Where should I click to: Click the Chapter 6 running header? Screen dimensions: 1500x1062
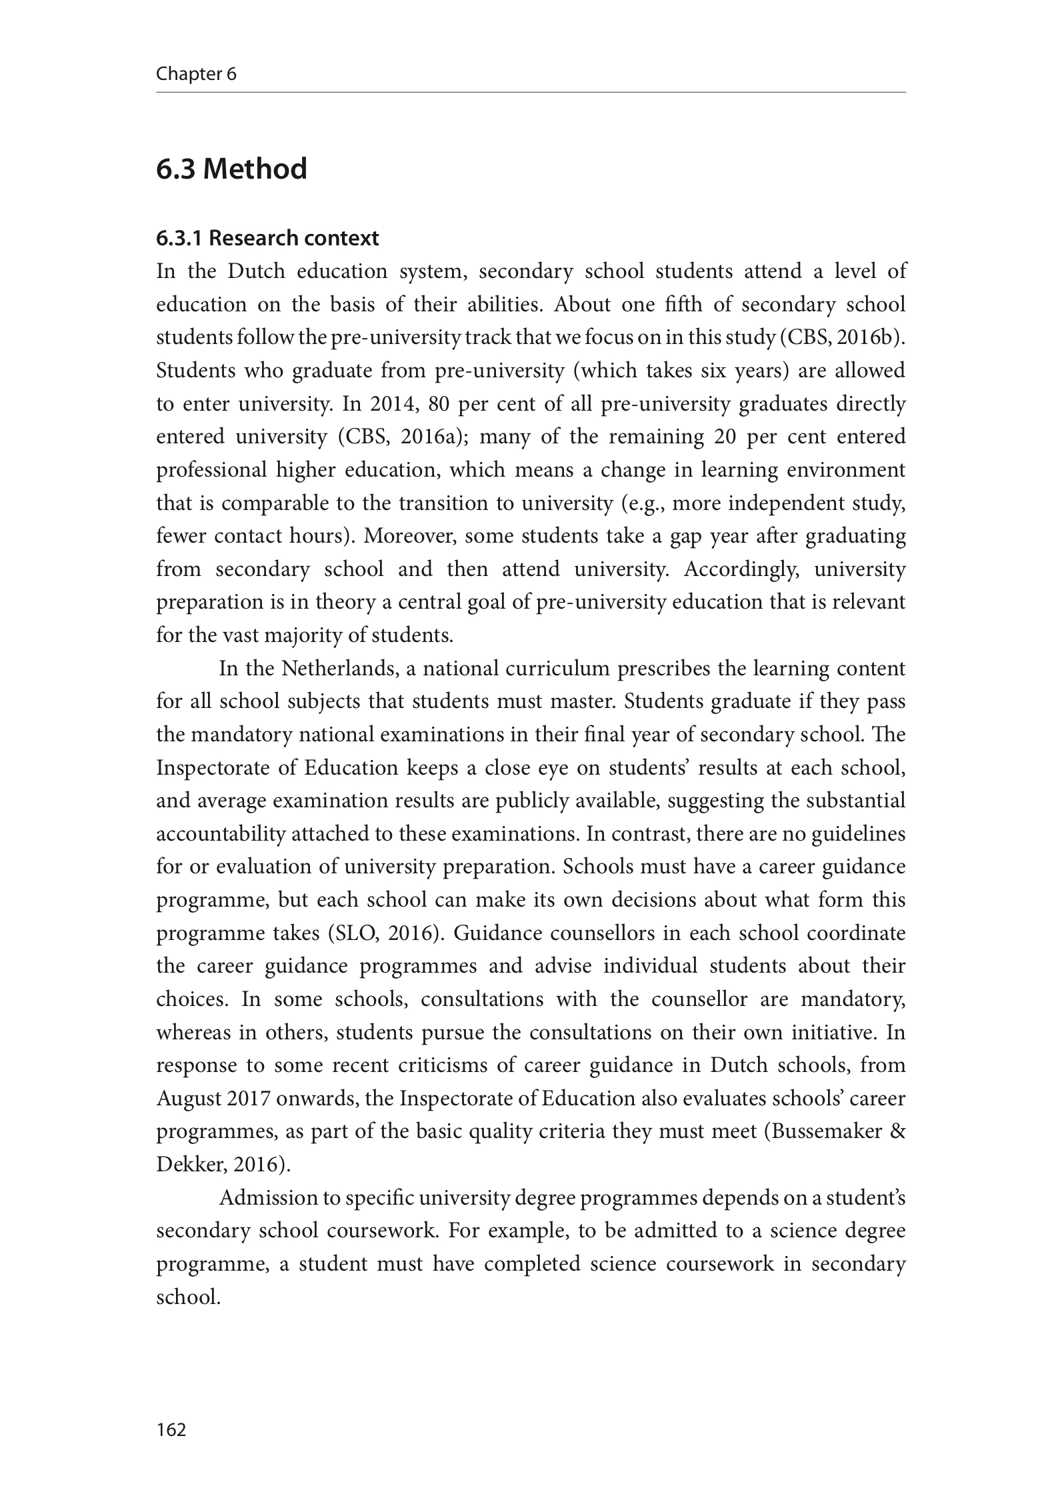196,74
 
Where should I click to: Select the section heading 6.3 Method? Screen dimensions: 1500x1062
231,169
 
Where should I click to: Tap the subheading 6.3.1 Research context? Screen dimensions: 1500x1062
267,238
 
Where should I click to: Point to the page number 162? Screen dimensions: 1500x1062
171,1429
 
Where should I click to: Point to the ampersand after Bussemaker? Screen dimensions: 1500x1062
897,1131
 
